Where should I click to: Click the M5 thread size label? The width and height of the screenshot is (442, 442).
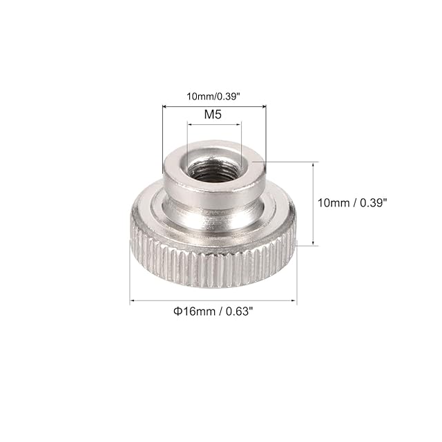click(213, 115)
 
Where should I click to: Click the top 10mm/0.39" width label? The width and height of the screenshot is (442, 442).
click(213, 97)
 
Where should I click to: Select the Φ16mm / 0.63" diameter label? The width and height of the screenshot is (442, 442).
click(213, 311)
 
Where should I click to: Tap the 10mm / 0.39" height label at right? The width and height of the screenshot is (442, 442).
click(352, 202)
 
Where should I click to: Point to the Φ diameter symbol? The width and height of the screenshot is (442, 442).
click(177, 311)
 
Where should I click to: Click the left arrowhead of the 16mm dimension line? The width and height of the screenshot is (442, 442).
click(132, 300)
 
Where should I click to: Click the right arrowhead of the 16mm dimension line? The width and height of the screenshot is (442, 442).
click(294, 300)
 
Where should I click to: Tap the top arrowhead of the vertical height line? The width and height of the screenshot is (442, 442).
click(313, 164)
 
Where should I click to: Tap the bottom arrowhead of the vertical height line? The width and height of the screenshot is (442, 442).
click(313, 243)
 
